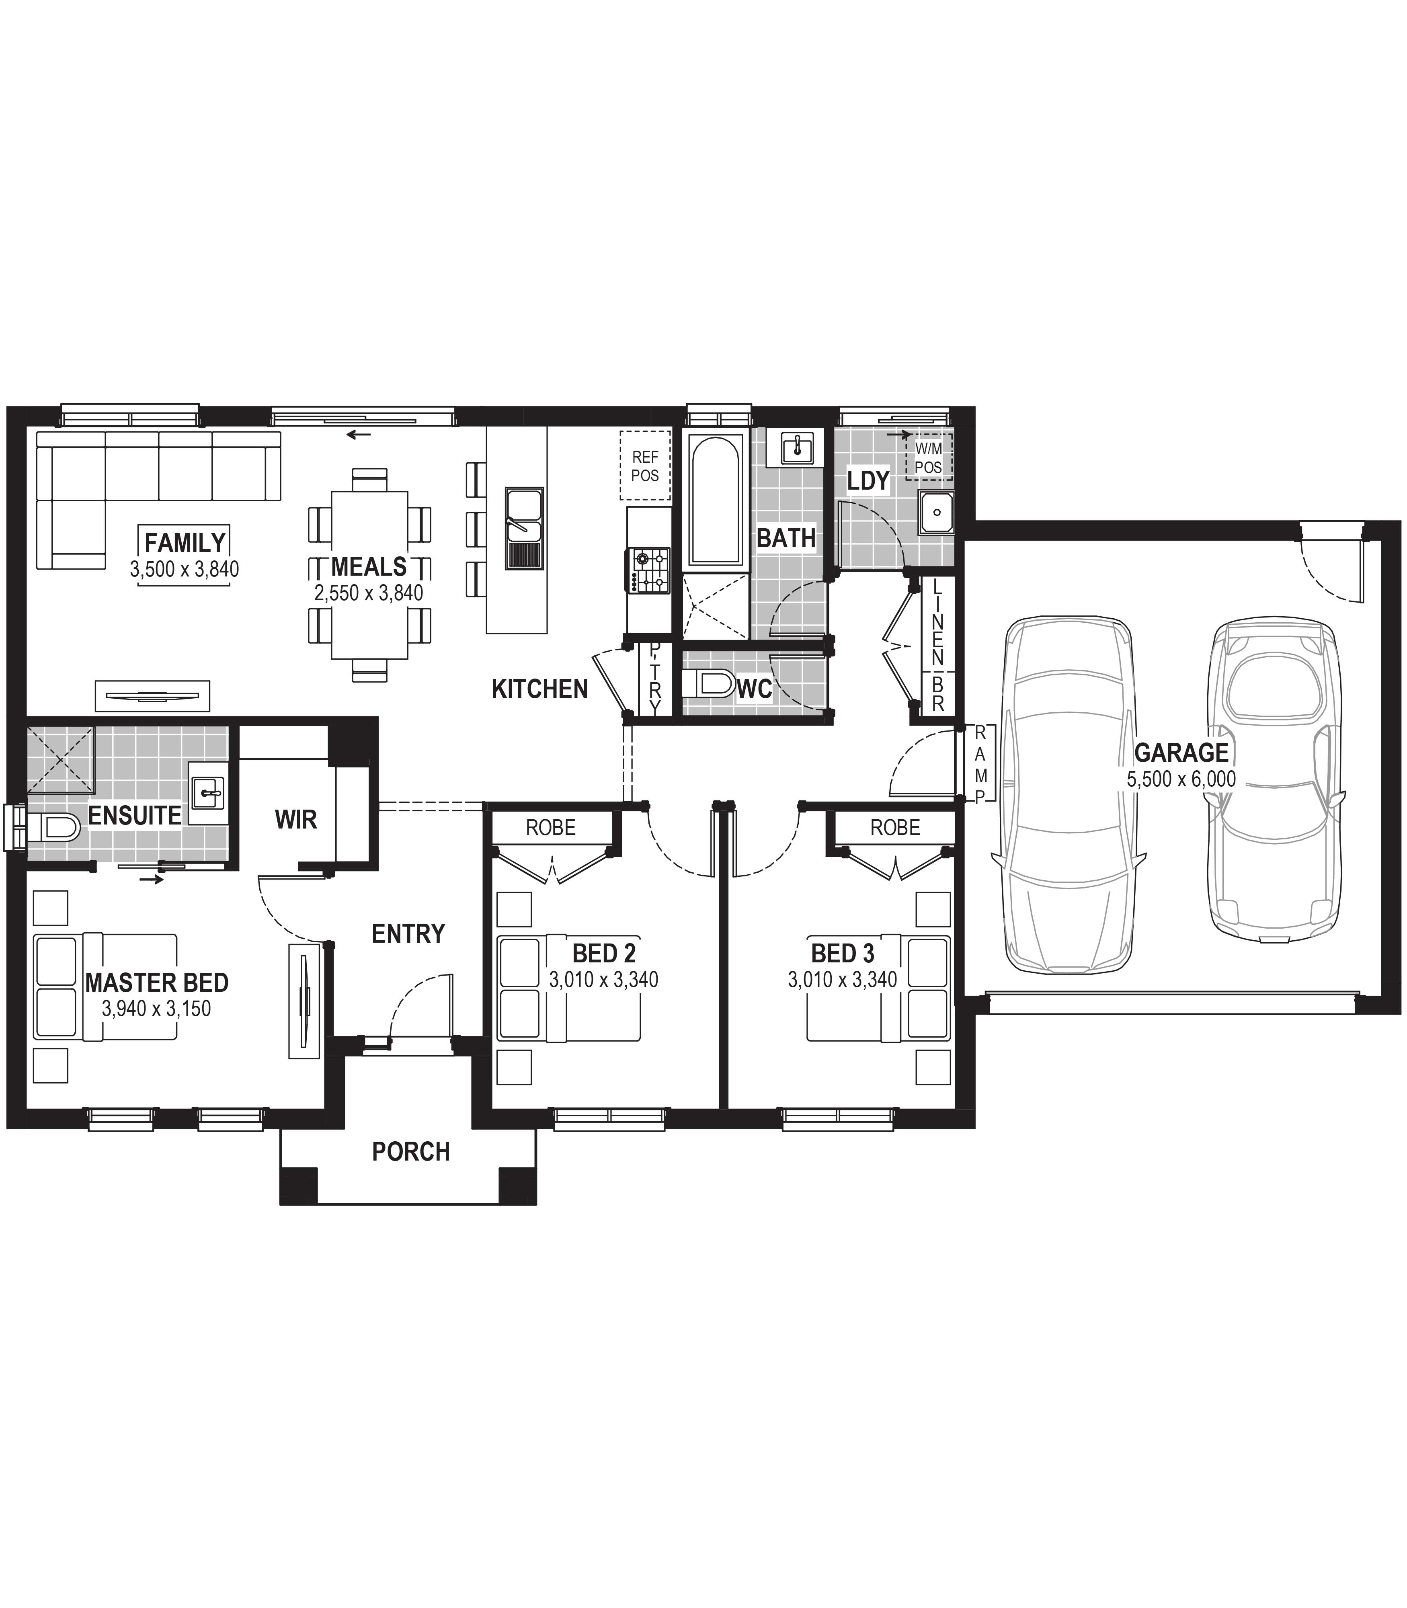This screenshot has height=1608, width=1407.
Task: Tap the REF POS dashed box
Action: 645,466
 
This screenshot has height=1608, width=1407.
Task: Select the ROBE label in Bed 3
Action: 895,828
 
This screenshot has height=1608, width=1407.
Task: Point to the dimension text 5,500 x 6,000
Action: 1181,779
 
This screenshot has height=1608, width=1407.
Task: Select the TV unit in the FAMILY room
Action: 152,695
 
